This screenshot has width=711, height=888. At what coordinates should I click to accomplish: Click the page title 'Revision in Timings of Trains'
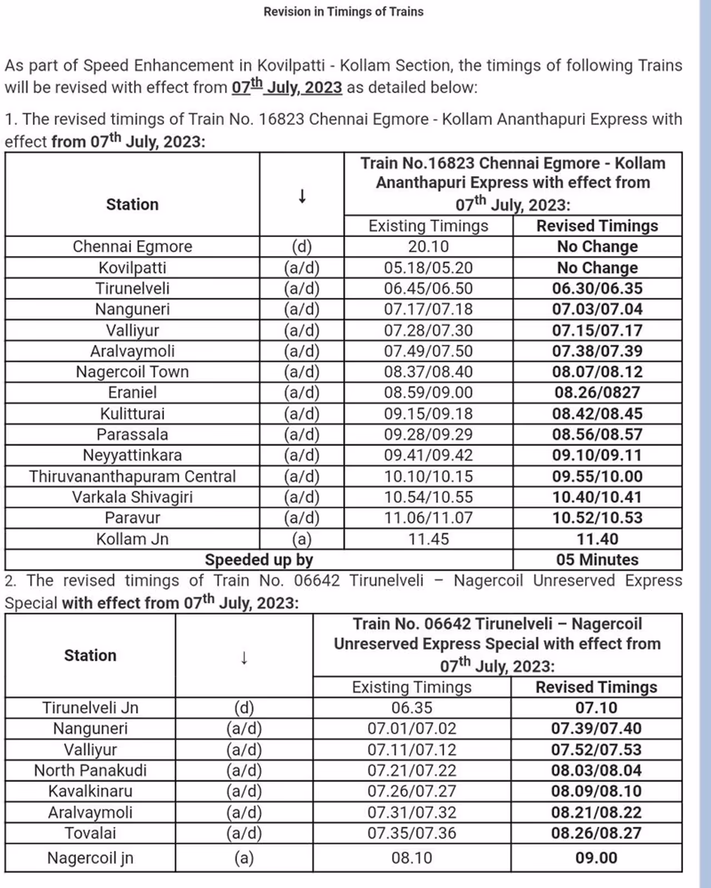343,12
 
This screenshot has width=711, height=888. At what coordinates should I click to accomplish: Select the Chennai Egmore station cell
132,246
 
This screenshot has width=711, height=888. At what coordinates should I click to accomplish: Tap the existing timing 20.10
428,246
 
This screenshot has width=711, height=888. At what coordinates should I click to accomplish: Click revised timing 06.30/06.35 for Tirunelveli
597,288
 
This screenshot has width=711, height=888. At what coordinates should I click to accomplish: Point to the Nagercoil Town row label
132,372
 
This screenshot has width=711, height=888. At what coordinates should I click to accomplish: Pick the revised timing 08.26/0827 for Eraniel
597,392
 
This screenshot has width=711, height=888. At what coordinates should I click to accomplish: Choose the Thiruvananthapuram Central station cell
132,476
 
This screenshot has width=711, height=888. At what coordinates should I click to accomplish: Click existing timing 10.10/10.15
428,476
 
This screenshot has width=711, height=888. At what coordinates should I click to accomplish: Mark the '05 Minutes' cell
597,560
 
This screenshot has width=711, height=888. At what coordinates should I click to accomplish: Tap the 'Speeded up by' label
259,560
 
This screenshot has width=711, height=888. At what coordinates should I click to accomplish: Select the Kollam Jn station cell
132,539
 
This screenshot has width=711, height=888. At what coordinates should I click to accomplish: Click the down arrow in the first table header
302,196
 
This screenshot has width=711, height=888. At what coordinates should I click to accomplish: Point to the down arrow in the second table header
244,657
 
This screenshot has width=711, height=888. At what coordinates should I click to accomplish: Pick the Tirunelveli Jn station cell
91,708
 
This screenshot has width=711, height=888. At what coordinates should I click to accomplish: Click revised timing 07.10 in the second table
596,708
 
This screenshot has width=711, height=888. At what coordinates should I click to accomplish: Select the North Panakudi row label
91,770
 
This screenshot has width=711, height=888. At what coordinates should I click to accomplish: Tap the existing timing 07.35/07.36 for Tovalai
412,833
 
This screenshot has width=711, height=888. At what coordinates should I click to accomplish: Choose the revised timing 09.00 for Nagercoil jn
596,858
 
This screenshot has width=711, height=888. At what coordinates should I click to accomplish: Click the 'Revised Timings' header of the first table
597,226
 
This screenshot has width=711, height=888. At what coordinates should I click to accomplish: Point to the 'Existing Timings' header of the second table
412,687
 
